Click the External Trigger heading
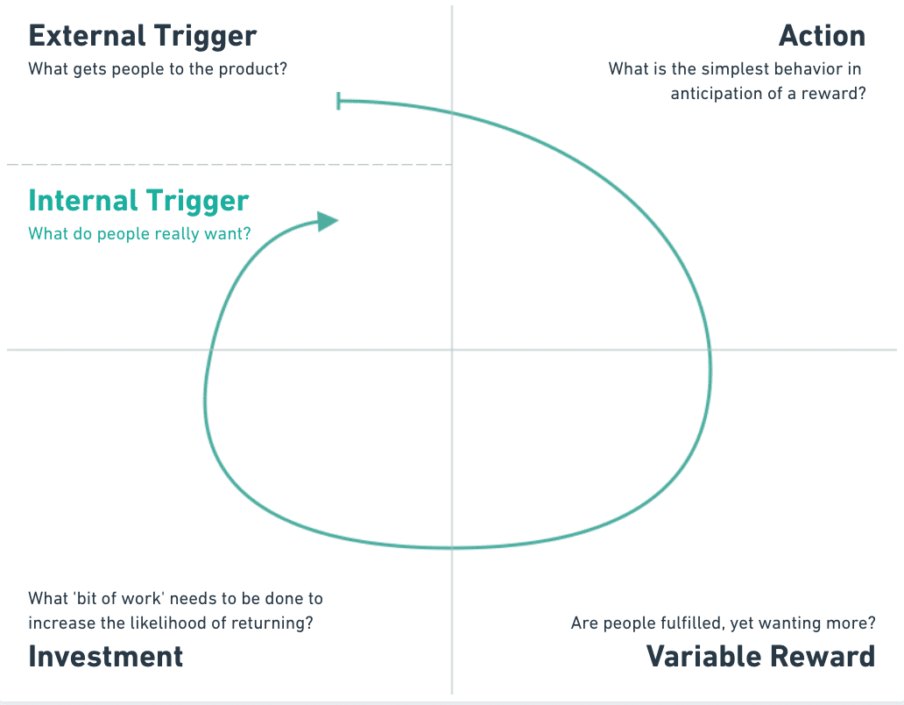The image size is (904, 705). tap(143, 36)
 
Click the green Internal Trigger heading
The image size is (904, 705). tap(138, 201)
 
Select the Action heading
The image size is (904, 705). tap(822, 36)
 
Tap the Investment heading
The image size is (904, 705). tap(106, 656)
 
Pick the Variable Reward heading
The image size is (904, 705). tap(760, 656)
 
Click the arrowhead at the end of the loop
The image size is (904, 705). tap(328, 221)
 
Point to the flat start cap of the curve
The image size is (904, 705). tap(339, 102)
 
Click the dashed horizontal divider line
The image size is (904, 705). tap(228, 164)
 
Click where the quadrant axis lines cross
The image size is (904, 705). tap(452, 350)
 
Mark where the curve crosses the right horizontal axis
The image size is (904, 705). tap(710, 350)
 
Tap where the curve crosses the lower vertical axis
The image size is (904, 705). tap(452, 548)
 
